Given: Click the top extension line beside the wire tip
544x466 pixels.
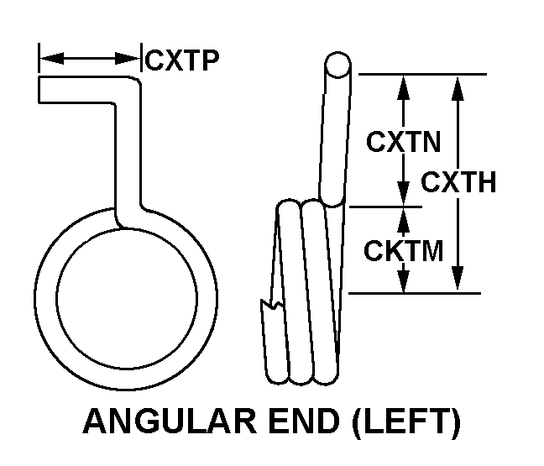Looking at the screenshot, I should [x=420, y=74].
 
